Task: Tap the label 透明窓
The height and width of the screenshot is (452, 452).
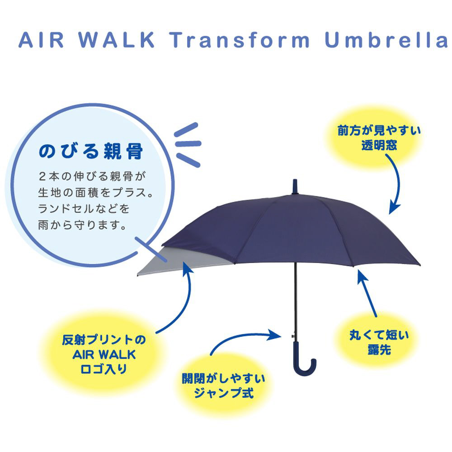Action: [x=379, y=145]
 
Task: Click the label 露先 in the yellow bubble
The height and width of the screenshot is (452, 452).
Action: [x=379, y=350]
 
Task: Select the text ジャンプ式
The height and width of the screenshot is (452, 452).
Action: [x=224, y=393]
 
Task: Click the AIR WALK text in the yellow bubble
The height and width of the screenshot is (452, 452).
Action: [x=104, y=354]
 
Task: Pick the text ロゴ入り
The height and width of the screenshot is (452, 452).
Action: [x=104, y=369]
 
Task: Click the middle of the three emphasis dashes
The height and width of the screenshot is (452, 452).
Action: [x=188, y=143]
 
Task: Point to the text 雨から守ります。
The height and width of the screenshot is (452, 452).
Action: [x=82, y=225]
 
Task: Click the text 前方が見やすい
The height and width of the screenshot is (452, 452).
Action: [x=379, y=131]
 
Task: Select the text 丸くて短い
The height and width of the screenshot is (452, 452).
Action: [x=379, y=335]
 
